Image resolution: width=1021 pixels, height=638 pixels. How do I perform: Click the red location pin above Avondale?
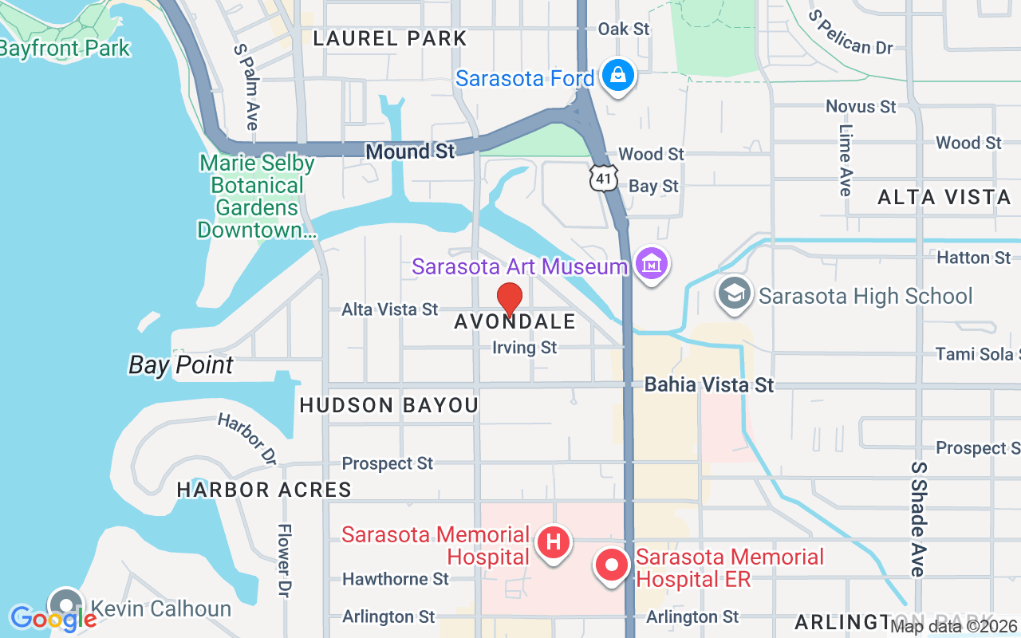click(x=510, y=299)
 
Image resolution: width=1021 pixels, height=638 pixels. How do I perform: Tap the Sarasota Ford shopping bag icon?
click(x=617, y=76)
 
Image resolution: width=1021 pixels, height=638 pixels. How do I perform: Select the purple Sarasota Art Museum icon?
click(x=652, y=264)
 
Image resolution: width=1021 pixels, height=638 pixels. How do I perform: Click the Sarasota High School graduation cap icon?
click(x=734, y=294)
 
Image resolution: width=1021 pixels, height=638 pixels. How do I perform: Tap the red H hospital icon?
click(x=553, y=543)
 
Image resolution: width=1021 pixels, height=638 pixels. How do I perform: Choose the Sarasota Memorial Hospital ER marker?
click(x=612, y=565)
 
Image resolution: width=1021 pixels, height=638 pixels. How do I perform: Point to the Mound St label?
click(x=409, y=152)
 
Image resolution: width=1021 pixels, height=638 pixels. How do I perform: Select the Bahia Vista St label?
click(x=708, y=385)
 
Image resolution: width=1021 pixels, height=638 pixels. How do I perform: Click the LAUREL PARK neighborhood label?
click(x=389, y=38)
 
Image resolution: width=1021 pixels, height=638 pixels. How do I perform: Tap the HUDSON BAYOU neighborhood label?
click(x=388, y=405)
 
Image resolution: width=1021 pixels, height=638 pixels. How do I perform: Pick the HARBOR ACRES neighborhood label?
click(x=264, y=490)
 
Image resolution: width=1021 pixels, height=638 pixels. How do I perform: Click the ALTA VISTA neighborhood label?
click(x=944, y=197)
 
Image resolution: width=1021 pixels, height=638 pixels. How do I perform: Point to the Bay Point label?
click(x=181, y=365)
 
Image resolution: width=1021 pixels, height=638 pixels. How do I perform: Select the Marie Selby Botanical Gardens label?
click(x=257, y=197)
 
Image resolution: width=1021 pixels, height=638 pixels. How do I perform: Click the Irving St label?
click(x=524, y=348)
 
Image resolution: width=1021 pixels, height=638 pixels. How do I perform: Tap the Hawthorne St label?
click(x=396, y=579)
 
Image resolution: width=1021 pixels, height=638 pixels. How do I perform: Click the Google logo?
click(x=53, y=618)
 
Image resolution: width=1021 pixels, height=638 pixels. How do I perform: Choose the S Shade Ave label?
click(x=919, y=518)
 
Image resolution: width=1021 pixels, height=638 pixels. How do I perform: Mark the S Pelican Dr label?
click(x=850, y=33)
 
